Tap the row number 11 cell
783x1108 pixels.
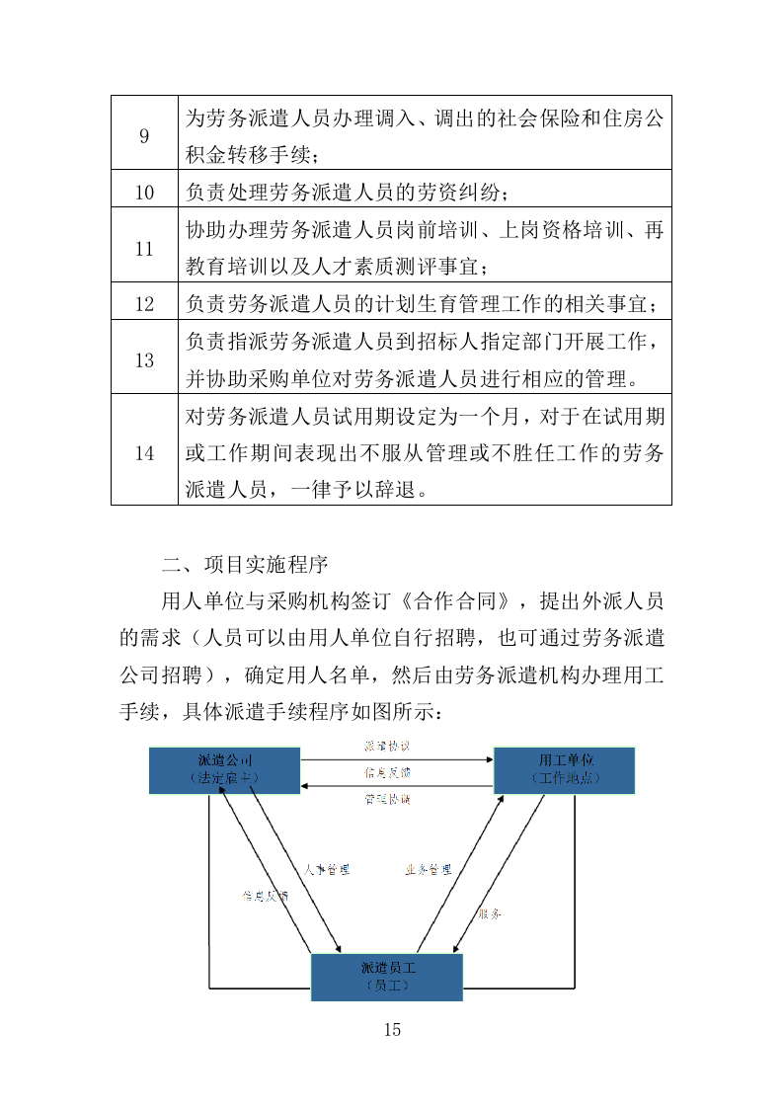(144, 248)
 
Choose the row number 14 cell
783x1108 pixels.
(144, 453)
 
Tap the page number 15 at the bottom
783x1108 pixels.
(392, 1030)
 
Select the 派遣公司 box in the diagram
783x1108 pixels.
(225, 770)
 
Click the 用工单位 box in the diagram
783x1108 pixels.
(564, 770)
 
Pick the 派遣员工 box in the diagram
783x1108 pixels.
(387, 977)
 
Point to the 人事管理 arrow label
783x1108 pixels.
(327, 870)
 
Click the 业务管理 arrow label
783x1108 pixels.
(429, 870)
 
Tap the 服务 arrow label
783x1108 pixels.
(490, 914)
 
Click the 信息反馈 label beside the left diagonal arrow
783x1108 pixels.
(265, 897)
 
